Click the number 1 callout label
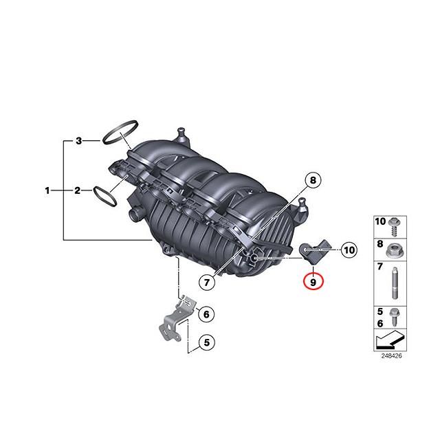[x=47, y=190]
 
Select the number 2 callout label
[x=78, y=190]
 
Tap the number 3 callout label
[x=78, y=141]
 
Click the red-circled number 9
[x=313, y=280]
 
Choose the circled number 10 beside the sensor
[x=348, y=250]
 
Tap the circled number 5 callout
[x=204, y=341]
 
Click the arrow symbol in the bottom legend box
[x=388, y=340]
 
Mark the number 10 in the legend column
[x=380, y=221]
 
